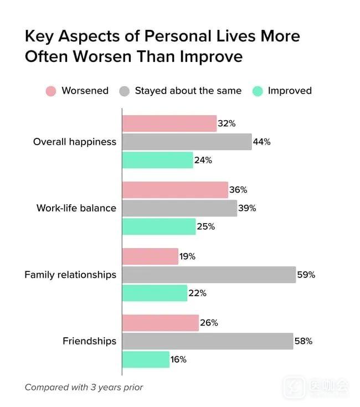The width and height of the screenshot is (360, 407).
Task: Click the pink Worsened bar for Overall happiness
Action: tap(169, 123)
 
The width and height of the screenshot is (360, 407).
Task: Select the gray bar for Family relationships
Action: tap(209, 275)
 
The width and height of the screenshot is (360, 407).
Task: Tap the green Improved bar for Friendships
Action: tap(146, 359)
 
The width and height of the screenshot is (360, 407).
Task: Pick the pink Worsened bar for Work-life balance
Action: tap(175, 190)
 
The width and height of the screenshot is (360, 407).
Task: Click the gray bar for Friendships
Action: tap(207, 341)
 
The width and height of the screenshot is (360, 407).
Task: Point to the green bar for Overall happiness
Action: tap(157, 160)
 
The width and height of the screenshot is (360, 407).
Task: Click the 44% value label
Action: tap(261, 142)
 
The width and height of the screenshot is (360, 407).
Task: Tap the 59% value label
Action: tap(306, 275)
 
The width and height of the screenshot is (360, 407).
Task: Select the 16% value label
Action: tap(178, 359)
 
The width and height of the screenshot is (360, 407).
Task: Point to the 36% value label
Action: tap(238, 190)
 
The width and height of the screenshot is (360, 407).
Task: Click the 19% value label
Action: tap(188, 256)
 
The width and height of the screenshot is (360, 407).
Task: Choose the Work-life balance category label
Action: tap(76, 208)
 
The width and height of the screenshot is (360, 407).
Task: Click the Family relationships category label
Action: tap(70, 275)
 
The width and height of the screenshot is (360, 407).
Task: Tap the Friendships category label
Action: tap(89, 341)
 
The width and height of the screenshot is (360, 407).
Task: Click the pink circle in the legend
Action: tap(51, 91)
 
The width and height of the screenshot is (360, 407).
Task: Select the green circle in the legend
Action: tap(258, 91)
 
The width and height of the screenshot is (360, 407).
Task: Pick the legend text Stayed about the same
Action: tap(188, 91)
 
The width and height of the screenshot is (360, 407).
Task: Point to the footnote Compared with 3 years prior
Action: tap(84, 388)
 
